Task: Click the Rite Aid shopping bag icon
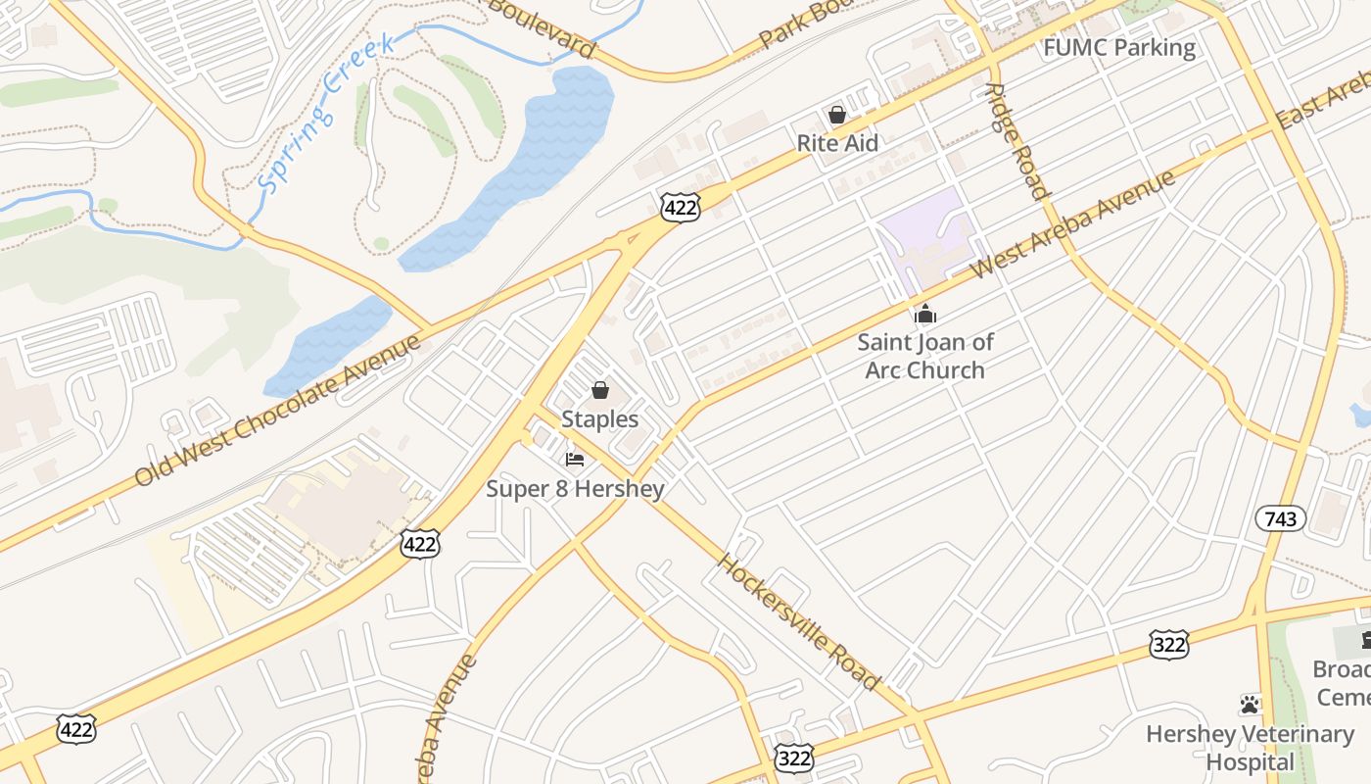coord(837,115)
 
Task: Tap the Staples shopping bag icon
coord(600,391)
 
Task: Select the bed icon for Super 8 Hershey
coord(575,459)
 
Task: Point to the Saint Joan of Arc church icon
coord(925,315)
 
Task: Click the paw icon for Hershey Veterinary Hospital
coord(1250,704)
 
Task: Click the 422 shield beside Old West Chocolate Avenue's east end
coord(680,207)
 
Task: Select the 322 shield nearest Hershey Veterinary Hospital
coord(1168,645)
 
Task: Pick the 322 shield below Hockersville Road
coord(793,758)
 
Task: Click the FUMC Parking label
coord(1119,48)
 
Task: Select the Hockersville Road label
coord(799,621)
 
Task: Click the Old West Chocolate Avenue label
coord(278,410)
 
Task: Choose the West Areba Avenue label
coord(1071,225)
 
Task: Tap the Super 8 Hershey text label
coord(576,488)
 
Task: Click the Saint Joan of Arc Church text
coord(925,357)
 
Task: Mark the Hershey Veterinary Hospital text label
coord(1250,747)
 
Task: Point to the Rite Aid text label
coord(837,143)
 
